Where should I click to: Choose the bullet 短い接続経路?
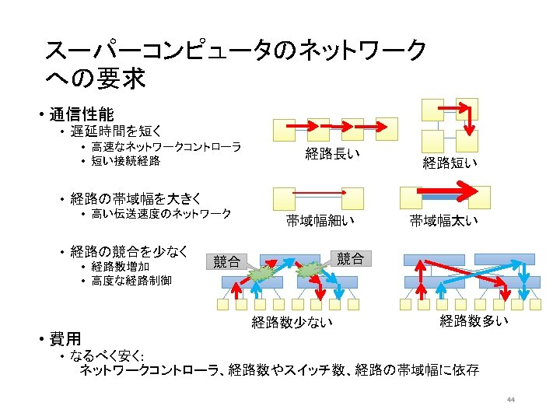coord(125,161)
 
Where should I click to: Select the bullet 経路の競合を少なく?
coord(129,251)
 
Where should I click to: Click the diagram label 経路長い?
coord(332,153)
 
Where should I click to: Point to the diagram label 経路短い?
coord(450,163)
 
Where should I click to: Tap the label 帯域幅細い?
coord(320,221)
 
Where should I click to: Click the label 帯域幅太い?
coord(444,221)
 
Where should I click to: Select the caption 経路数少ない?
coord(292,323)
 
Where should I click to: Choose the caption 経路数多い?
coord(474,320)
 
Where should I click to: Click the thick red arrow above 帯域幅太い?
coord(443,191)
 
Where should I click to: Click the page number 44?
coord(511,400)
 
